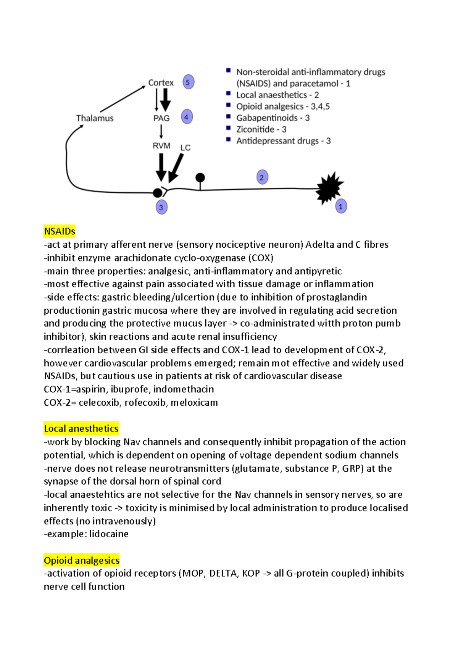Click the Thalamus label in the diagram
coord(95,118)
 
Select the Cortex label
coord(161,83)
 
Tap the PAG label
coord(161,118)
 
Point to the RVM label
coord(161,146)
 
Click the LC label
coord(185,148)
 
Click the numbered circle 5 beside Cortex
coord(188,82)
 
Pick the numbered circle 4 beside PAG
coord(187,117)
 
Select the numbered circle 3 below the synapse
coord(161,207)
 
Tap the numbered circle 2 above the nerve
coord(262,177)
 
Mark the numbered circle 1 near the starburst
coord(341,206)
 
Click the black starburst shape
coord(329,187)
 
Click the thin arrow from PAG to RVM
coord(161,131)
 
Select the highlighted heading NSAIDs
coord(60,231)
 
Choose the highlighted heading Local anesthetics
coord(81,429)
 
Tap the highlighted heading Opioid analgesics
coord(82,560)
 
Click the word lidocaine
coord(109,534)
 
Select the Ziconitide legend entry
coord(261,129)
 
